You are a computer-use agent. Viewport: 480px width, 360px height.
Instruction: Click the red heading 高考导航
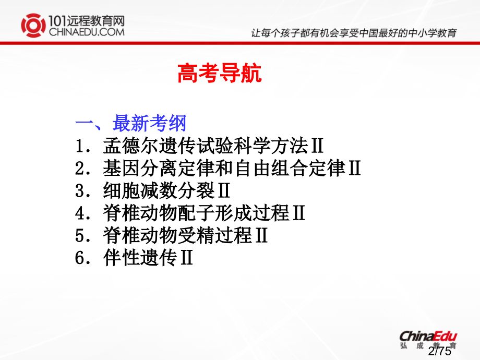tap(220, 74)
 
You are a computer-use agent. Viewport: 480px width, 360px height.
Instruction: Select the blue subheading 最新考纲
tap(149, 124)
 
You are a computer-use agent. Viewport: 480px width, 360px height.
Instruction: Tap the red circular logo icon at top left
tap(33, 26)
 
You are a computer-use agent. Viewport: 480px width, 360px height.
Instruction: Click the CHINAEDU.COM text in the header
tap(86, 32)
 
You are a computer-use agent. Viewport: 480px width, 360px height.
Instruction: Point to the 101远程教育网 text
tap(86, 20)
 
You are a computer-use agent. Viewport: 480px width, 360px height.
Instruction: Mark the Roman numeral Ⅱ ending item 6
tap(186, 258)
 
